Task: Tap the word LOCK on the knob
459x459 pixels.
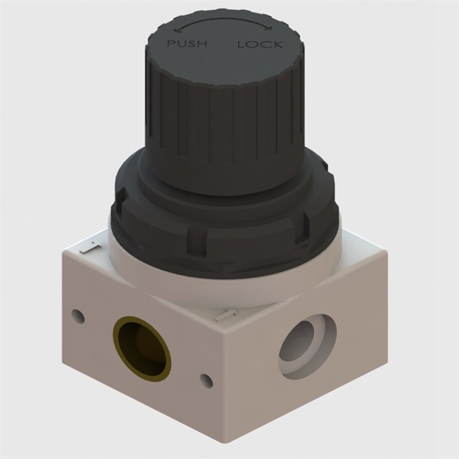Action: pyautogui.click(x=259, y=45)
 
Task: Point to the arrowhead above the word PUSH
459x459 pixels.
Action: pyautogui.click(x=177, y=29)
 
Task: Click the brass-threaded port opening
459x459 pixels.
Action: pyautogui.click(x=142, y=348)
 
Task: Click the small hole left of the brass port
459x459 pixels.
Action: pyautogui.click(x=78, y=316)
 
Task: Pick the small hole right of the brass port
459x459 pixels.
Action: pyautogui.click(x=206, y=381)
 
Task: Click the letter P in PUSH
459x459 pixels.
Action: pyautogui.click(x=170, y=44)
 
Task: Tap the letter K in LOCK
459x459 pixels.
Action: pyautogui.click(x=278, y=44)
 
